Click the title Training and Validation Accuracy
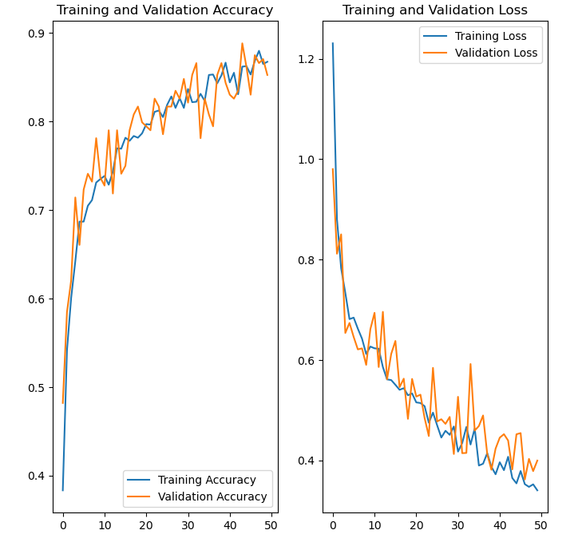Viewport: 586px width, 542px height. pos(164,10)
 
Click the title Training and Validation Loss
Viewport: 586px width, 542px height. pos(435,10)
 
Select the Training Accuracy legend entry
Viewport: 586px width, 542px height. pos(206,480)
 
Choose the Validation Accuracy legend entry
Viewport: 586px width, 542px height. pos(212,497)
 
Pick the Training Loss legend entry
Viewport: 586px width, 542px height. pos(485,37)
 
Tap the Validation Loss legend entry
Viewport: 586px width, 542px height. pos(496,53)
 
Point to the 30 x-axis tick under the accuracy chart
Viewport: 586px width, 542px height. pos(188,524)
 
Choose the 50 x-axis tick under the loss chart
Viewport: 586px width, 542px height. pos(541,524)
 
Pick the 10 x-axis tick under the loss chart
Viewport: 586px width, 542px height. pos(374,524)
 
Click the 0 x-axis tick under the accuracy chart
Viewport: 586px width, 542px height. pos(63,524)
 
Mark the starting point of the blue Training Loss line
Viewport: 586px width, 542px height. pos(333,43)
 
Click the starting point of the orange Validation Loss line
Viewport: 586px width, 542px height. pos(333,168)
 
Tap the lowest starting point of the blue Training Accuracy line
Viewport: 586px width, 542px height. pos(63,490)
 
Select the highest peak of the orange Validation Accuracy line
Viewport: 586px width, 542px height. pos(242,43)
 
